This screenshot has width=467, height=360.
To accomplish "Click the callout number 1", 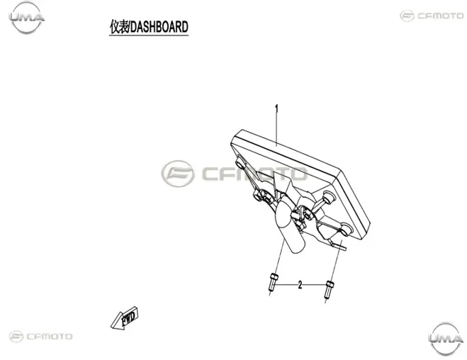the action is coord(276,109).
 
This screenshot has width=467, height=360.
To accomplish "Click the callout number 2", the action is coord(300,285).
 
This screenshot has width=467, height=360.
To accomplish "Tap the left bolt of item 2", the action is coord(273,282).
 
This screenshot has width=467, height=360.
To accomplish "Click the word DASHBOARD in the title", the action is coord(159,27).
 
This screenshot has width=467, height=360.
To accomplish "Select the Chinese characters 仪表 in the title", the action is coord(120,27).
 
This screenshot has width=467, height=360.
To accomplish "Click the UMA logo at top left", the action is coord(26,17).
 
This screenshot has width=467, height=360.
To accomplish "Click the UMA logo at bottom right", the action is coord(446,339).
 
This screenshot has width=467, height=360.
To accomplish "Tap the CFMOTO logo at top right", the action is coord(432,16).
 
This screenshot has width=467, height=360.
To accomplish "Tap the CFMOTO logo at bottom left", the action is coord(41,337).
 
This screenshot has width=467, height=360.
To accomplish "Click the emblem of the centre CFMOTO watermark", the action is coord(178,174).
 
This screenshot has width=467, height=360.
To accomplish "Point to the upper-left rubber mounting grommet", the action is coord(240,164).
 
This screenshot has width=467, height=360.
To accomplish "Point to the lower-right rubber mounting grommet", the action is coord(346,228).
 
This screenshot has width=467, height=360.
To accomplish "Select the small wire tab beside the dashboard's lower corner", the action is coord(339,245).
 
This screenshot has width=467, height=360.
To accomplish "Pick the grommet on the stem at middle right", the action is coord(328,197).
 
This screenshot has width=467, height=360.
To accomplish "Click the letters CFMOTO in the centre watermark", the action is coord(254,174).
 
